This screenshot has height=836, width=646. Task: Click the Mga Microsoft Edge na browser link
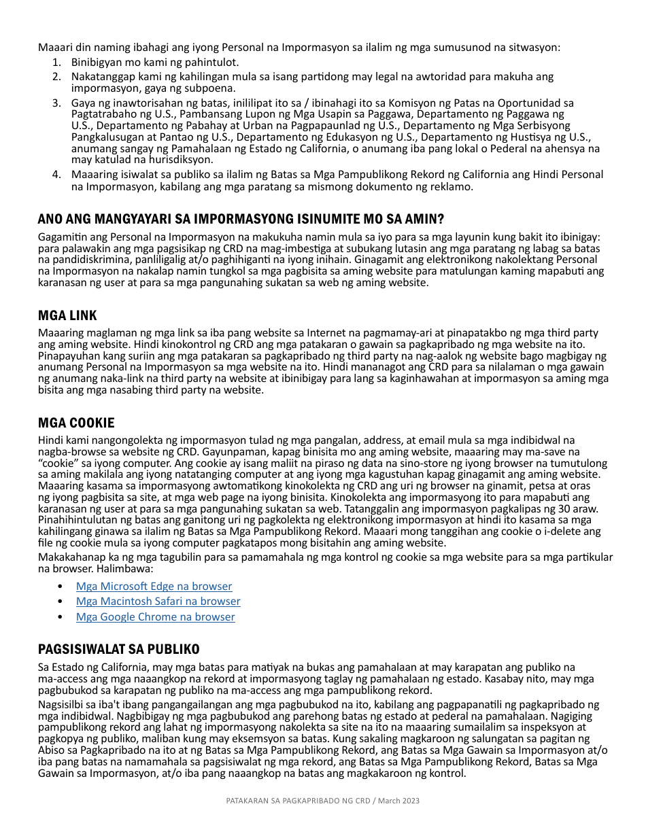(154, 586)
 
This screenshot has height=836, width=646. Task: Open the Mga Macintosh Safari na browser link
(158, 602)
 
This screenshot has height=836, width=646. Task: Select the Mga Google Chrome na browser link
(155, 617)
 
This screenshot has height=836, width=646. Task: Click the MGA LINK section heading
(67, 315)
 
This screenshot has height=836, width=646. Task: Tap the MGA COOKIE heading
(76, 423)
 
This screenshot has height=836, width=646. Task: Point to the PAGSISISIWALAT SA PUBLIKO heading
(118, 649)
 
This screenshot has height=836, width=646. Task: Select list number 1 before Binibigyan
(56, 63)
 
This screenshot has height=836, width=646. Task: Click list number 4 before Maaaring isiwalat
(56, 175)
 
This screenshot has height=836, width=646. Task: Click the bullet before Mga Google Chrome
(61, 617)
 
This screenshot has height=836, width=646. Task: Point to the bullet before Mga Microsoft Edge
(61, 586)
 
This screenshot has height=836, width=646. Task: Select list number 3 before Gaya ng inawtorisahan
(56, 103)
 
